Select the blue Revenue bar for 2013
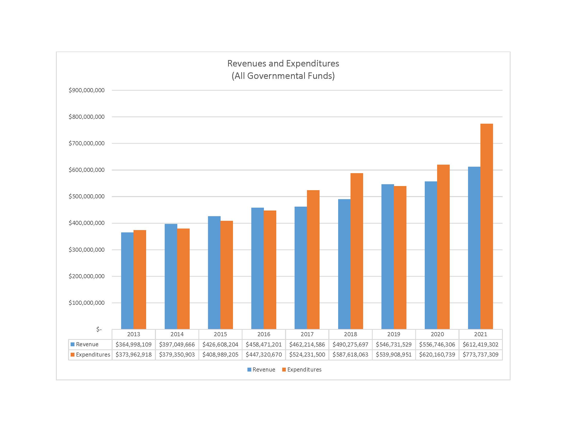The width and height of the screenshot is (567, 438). coord(127,281)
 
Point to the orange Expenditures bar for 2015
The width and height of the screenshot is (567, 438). coord(226,275)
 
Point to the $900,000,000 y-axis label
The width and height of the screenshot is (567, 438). coord(86,90)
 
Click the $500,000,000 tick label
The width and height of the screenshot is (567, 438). coord(86,196)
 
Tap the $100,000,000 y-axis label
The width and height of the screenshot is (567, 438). coord(86,303)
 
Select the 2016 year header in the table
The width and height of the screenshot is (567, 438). coord(263,334)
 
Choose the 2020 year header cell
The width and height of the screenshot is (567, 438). coord(437,334)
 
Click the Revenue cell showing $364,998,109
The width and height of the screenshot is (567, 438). coord(134,344)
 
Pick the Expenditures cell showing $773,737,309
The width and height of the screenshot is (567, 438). coord(480,355)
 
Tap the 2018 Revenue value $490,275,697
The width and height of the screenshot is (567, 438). coord(350,344)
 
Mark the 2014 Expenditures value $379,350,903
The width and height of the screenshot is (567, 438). coord(177,355)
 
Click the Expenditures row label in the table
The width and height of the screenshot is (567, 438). coord(93,355)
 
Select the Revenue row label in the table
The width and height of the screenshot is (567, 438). coord(87,344)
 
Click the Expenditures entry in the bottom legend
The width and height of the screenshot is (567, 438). coord(304,369)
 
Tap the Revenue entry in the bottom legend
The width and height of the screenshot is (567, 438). coord(263,369)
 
